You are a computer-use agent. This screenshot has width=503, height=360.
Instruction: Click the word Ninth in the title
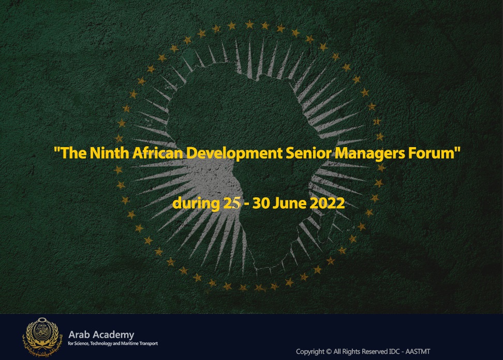tap(109, 152)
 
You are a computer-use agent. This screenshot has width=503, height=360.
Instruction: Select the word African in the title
tap(157, 152)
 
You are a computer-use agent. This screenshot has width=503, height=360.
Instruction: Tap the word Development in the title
tap(234, 153)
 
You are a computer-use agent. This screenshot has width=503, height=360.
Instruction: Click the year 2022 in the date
tap(327, 203)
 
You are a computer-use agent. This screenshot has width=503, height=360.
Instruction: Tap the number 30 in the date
tap(261, 203)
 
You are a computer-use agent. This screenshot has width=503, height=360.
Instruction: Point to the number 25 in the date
tap(232, 203)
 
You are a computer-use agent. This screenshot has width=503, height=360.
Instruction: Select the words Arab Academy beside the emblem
tap(101, 335)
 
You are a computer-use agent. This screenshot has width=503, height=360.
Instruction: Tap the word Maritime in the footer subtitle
tap(130, 343)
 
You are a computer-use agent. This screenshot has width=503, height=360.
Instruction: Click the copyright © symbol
tap(329, 352)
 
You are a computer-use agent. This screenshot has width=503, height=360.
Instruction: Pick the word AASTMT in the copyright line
tap(418, 352)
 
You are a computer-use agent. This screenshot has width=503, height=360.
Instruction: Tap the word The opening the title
tap(70, 152)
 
